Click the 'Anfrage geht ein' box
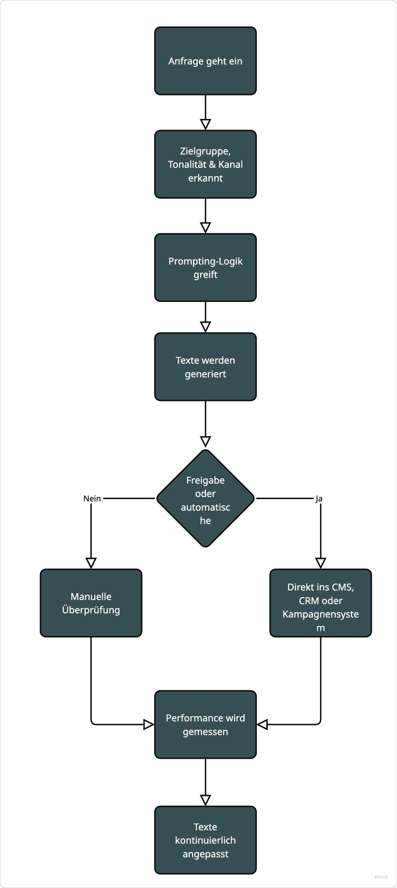click(205, 61)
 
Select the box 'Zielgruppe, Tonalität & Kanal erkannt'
click(205, 164)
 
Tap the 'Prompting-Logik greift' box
click(205, 268)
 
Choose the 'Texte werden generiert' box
click(205, 367)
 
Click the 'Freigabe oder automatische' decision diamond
click(205, 498)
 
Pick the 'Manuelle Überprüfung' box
click(91, 603)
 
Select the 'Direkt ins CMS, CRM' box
click(321, 603)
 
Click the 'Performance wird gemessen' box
click(205, 725)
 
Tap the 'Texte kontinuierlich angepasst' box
click(205, 840)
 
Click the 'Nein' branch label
click(92, 498)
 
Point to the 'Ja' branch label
click(319, 498)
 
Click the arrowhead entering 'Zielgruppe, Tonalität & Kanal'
click(205, 124)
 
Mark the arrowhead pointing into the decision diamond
click(205, 442)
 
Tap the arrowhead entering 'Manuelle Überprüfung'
click(91, 563)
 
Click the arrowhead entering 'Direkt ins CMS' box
click(321, 563)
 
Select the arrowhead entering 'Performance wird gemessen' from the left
click(149, 725)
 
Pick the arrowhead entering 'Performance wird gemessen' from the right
click(262, 725)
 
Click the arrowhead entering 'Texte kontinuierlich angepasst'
click(205, 800)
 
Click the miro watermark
click(381, 877)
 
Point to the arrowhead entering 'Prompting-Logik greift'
click(205, 228)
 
